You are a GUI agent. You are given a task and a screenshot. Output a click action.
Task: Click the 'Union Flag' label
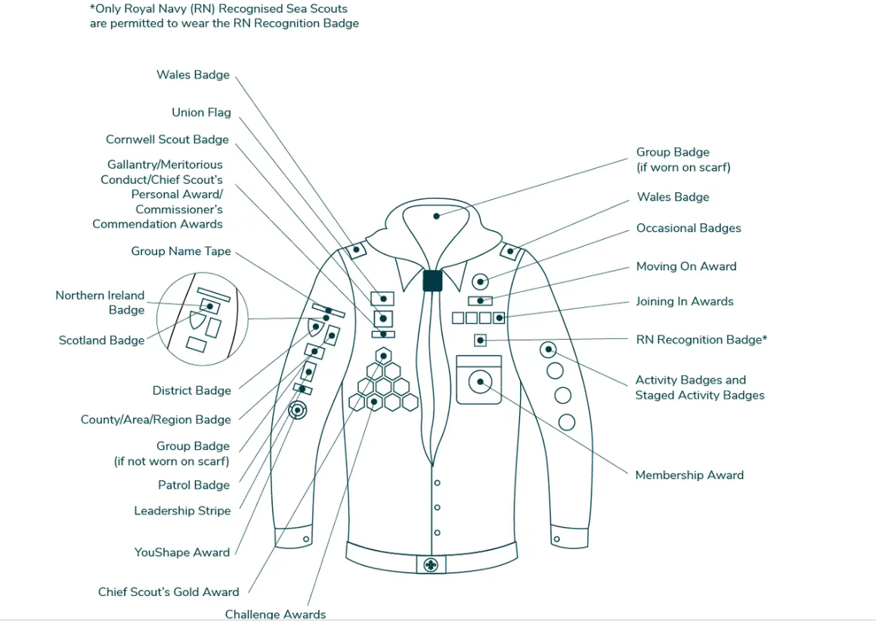pyautogui.click(x=201, y=113)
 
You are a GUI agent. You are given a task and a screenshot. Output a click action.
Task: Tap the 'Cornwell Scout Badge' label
pyautogui.click(x=167, y=140)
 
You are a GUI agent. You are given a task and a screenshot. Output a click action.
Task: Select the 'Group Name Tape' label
pyautogui.click(x=181, y=251)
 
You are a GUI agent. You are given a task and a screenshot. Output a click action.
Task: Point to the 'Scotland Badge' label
pyautogui.click(x=101, y=340)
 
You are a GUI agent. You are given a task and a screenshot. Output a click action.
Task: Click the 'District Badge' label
pyautogui.click(x=191, y=390)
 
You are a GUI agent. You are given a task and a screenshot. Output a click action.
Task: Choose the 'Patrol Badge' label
pyautogui.click(x=193, y=485)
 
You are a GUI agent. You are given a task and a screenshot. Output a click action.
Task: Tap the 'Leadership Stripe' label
pyautogui.click(x=182, y=511)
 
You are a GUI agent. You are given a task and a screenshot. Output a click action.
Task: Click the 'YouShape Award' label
pyautogui.click(x=181, y=552)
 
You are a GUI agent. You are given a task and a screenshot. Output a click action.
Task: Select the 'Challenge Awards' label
pyautogui.click(x=275, y=614)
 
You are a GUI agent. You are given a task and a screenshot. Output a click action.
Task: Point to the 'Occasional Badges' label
pyautogui.click(x=688, y=228)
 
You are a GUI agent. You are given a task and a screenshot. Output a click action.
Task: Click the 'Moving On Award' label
pyautogui.click(x=686, y=266)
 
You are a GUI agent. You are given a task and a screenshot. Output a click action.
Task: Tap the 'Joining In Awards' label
pyautogui.click(x=684, y=301)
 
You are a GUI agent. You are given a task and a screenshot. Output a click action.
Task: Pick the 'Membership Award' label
pyautogui.click(x=689, y=475)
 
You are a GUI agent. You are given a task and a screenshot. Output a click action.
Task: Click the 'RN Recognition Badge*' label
pyautogui.click(x=701, y=340)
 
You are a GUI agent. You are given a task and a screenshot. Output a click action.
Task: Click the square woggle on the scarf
pyautogui.click(x=432, y=281)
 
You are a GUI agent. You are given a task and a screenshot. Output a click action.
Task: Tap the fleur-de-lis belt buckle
pyautogui.click(x=431, y=564)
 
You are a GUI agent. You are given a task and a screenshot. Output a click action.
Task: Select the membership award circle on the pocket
pyautogui.click(x=479, y=383)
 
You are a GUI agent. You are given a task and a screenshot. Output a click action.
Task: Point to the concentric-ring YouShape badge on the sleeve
pyautogui.click(x=298, y=410)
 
